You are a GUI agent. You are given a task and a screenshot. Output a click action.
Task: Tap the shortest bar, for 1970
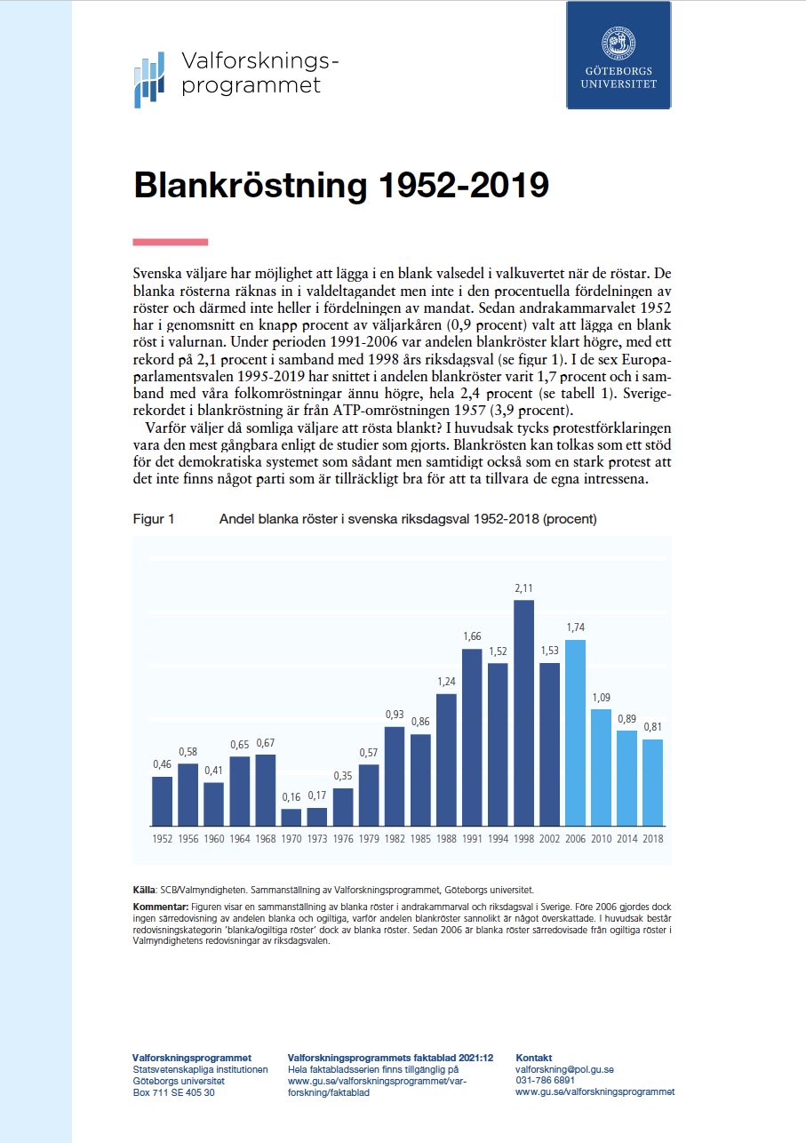(291, 816)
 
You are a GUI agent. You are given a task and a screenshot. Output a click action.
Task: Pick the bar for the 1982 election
(395, 776)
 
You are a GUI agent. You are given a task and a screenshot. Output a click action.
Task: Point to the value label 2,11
(523, 587)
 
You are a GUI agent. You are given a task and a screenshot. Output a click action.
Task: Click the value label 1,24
(446, 681)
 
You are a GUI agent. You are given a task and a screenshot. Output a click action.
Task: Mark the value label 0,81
(653, 726)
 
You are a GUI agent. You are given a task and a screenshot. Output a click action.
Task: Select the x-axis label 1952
(162, 838)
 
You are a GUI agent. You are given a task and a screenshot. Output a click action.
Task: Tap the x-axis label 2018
(653, 838)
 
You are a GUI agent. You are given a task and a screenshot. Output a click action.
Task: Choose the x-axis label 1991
(472, 838)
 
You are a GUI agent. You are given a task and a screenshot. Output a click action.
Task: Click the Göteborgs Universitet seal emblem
(618, 40)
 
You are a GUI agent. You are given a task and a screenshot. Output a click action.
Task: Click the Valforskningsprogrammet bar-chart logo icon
(148, 79)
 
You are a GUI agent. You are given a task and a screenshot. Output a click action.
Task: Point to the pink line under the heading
(170, 242)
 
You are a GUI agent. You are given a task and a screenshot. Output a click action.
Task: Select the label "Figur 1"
(153, 519)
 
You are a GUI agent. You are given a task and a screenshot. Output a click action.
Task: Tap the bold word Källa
(145, 889)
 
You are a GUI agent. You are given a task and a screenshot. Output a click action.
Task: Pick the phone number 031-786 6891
(545, 1081)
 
